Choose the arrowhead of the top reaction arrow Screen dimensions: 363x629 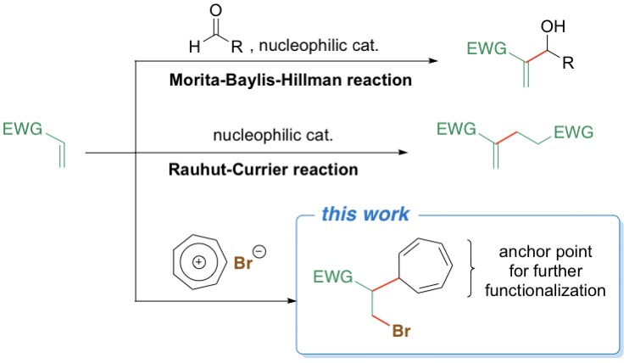pyautogui.click(x=433, y=61)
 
